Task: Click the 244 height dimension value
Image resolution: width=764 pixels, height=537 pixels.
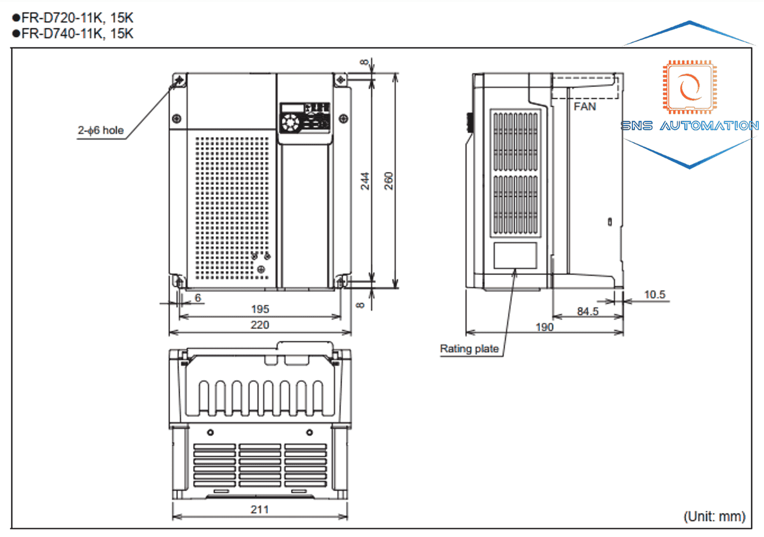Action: pos(365,181)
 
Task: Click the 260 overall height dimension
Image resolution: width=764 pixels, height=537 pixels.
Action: pos(388,181)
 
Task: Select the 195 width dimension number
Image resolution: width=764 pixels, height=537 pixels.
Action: pos(260,309)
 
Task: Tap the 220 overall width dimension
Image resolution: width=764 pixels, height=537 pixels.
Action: pos(260,325)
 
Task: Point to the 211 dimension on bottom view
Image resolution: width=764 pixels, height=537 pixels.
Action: pos(260,509)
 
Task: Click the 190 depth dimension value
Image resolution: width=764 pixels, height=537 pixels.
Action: pos(544,327)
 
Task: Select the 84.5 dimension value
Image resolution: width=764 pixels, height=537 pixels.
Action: pos(588,311)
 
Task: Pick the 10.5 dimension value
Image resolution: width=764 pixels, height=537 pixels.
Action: pos(654,295)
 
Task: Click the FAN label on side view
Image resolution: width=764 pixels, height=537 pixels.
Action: pos(584,107)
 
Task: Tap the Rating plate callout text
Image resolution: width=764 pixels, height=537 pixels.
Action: pos(469,349)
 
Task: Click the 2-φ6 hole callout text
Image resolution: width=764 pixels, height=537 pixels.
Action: pos(101,130)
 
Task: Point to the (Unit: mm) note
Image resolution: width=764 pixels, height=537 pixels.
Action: pos(715,516)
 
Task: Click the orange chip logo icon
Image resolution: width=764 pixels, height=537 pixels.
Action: pos(689,87)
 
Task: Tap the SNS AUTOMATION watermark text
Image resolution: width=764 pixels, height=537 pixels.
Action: pos(689,126)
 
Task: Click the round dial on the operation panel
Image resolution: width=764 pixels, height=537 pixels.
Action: pos(290,123)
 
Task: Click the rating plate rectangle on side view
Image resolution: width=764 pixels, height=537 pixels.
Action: pos(516,255)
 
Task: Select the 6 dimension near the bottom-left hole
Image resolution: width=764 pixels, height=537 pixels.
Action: pos(198,298)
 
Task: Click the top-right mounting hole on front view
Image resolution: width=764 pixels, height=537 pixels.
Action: pos(341,80)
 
